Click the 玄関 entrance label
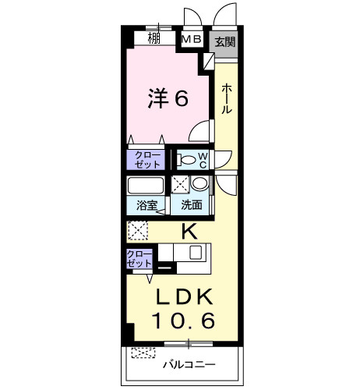click(225, 42)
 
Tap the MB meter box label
click(192, 40)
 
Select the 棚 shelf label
click(154, 38)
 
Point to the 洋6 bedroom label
click(168, 98)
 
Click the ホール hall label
click(226, 98)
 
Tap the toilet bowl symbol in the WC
click(185, 159)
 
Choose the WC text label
click(203, 160)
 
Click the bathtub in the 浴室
click(146, 186)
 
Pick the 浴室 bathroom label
click(147, 205)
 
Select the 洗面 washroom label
click(192, 205)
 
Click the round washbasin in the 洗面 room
click(199, 183)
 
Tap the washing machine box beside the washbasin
click(180, 184)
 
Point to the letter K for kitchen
click(189, 232)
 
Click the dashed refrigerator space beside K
click(138, 230)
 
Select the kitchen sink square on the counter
click(196, 252)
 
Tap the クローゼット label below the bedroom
click(147, 160)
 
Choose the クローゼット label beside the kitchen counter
click(139, 258)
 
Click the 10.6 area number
click(183, 320)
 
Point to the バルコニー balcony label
click(189, 365)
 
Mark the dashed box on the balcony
click(143, 353)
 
